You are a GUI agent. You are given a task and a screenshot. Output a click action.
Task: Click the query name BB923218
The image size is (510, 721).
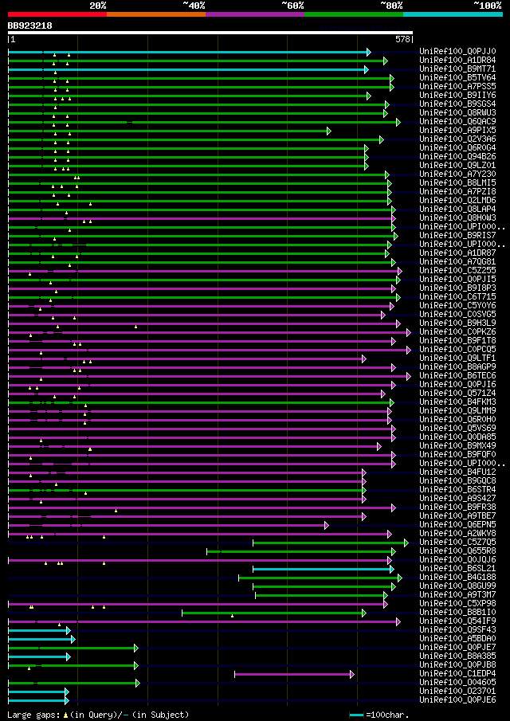[30, 25]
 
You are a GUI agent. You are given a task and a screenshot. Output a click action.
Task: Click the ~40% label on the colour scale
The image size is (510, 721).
[194, 5]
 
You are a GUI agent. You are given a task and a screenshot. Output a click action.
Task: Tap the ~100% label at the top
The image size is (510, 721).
[487, 5]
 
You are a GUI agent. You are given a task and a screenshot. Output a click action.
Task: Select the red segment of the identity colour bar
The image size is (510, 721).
[57, 14]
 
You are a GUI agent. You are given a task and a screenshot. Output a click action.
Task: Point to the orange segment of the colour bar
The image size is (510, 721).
[155, 14]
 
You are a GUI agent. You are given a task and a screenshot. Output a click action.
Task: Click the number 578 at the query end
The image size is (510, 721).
[403, 38]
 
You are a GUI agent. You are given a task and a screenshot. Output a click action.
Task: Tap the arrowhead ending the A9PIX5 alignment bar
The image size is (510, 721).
[328, 131]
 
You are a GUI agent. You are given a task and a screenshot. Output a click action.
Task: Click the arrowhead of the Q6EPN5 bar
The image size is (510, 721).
[326, 525]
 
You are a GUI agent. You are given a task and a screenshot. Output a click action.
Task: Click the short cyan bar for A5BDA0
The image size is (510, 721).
[40, 639]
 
